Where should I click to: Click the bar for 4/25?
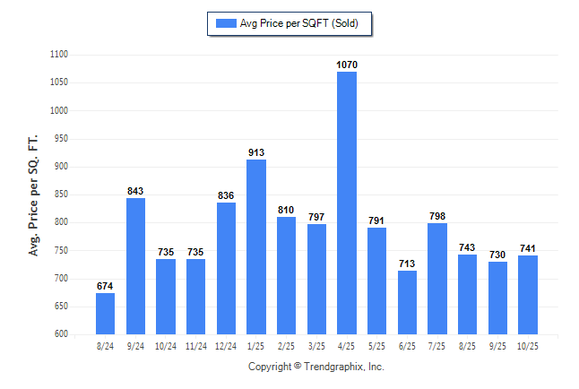coord(347,203)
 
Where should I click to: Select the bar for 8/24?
coord(105,313)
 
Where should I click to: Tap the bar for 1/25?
coord(256,246)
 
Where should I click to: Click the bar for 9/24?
coord(135,266)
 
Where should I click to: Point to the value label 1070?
coord(347,65)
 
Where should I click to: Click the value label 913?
coord(256,152)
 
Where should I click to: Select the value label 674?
coord(105,286)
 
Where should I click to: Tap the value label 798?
coord(437,216)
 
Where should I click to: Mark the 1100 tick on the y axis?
coord(59,55)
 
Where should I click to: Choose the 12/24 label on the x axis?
coord(226,346)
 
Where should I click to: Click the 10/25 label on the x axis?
coord(528,346)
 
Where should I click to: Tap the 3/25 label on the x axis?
coord(316,346)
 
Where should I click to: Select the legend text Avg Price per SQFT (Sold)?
coord(299,23)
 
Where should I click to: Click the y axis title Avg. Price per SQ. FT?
coord(35,195)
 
